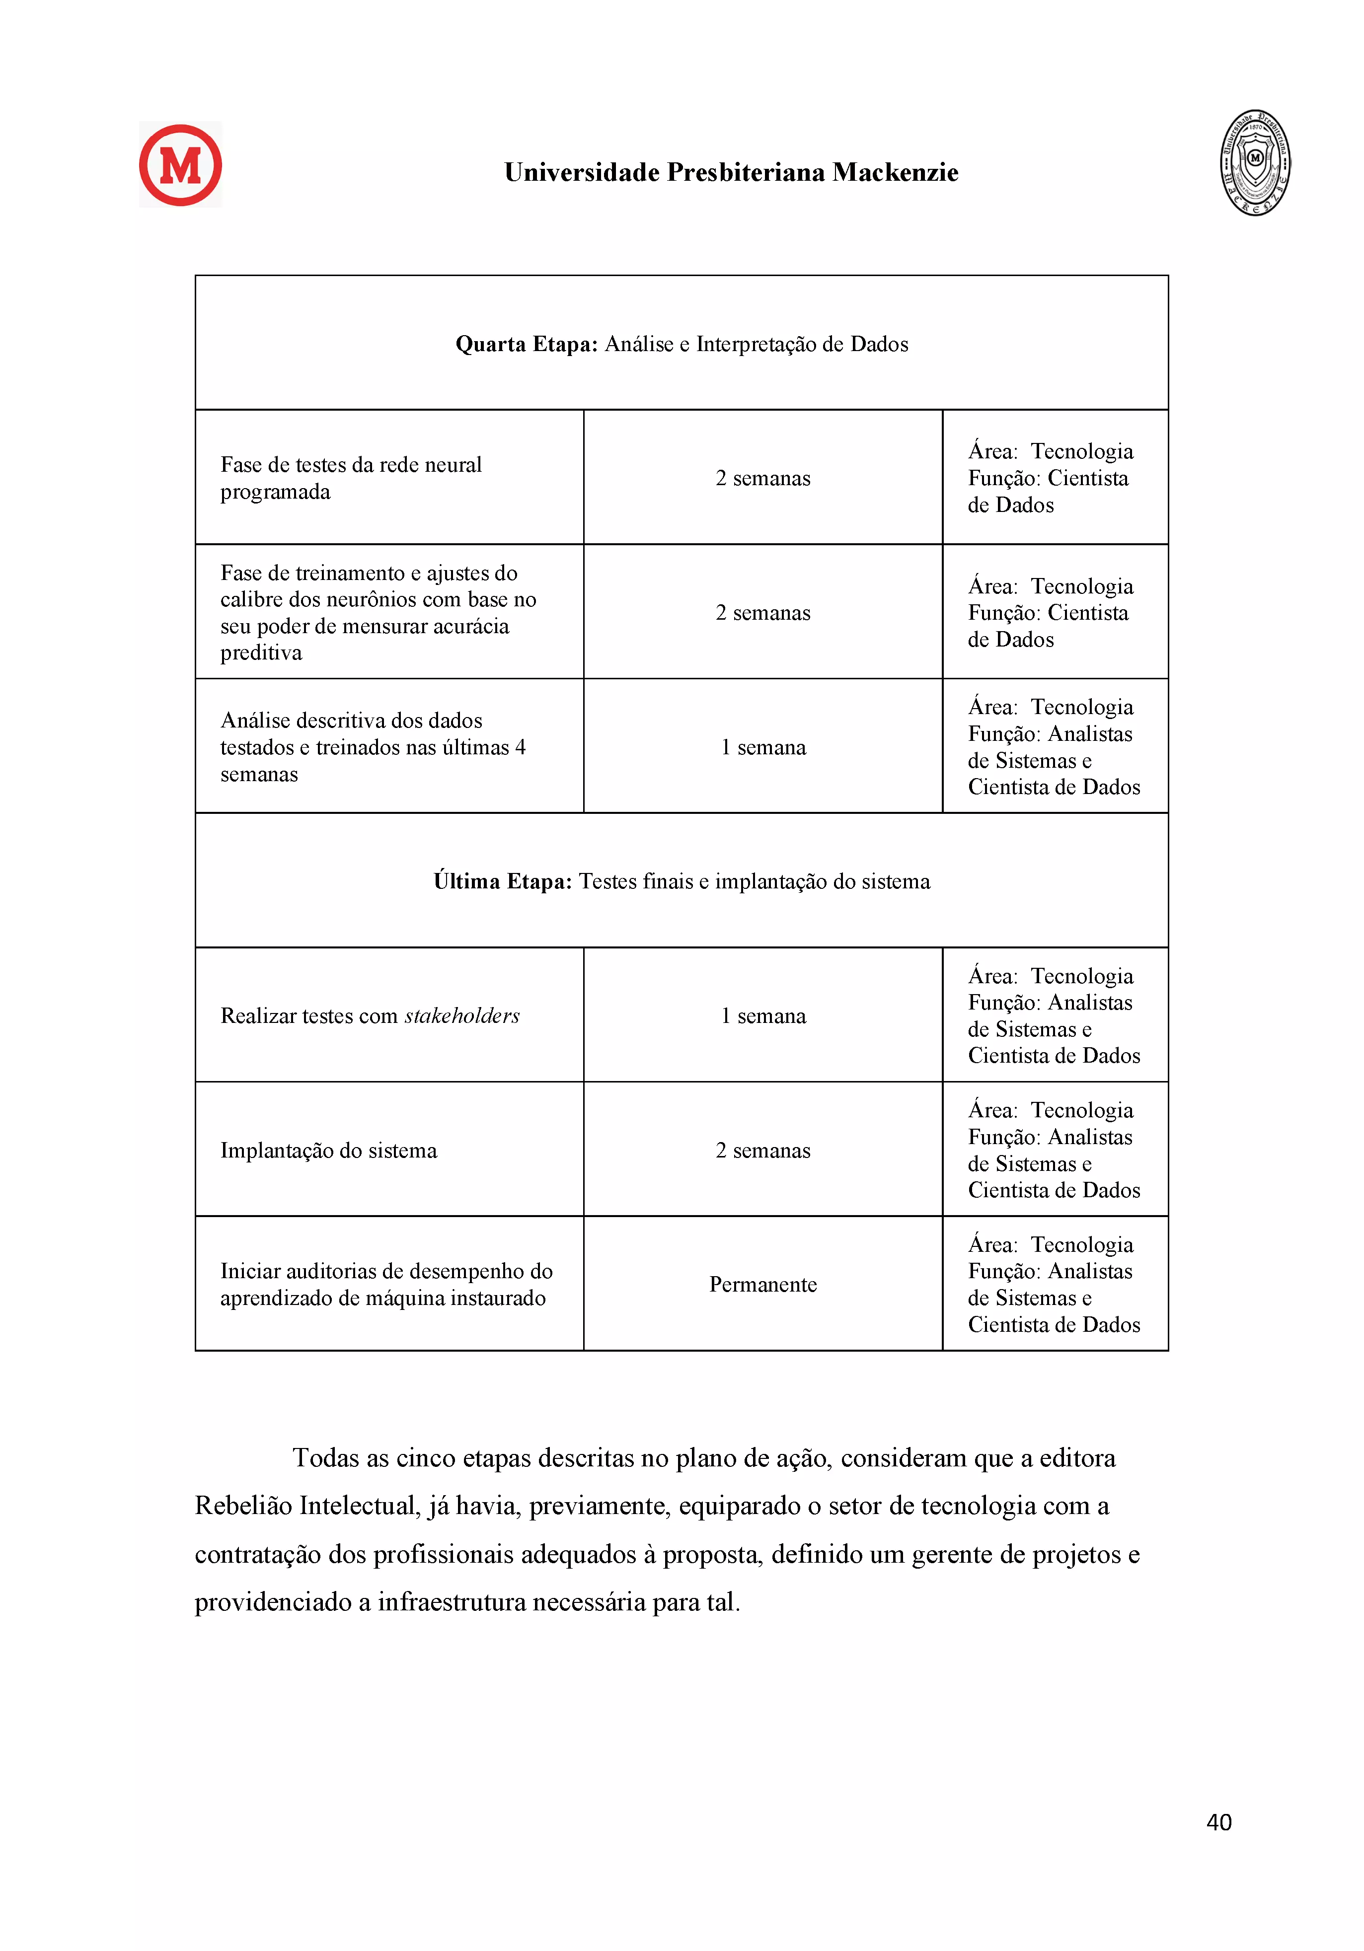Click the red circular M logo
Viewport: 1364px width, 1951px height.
[180, 165]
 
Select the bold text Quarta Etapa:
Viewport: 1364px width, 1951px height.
[526, 344]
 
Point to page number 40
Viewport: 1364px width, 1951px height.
[1218, 1822]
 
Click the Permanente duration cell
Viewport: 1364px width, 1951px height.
[762, 1284]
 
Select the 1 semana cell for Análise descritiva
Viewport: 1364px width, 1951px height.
[762, 747]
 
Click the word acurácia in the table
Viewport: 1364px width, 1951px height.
[469, 626]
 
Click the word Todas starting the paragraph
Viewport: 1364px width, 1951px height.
[325, 1458]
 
